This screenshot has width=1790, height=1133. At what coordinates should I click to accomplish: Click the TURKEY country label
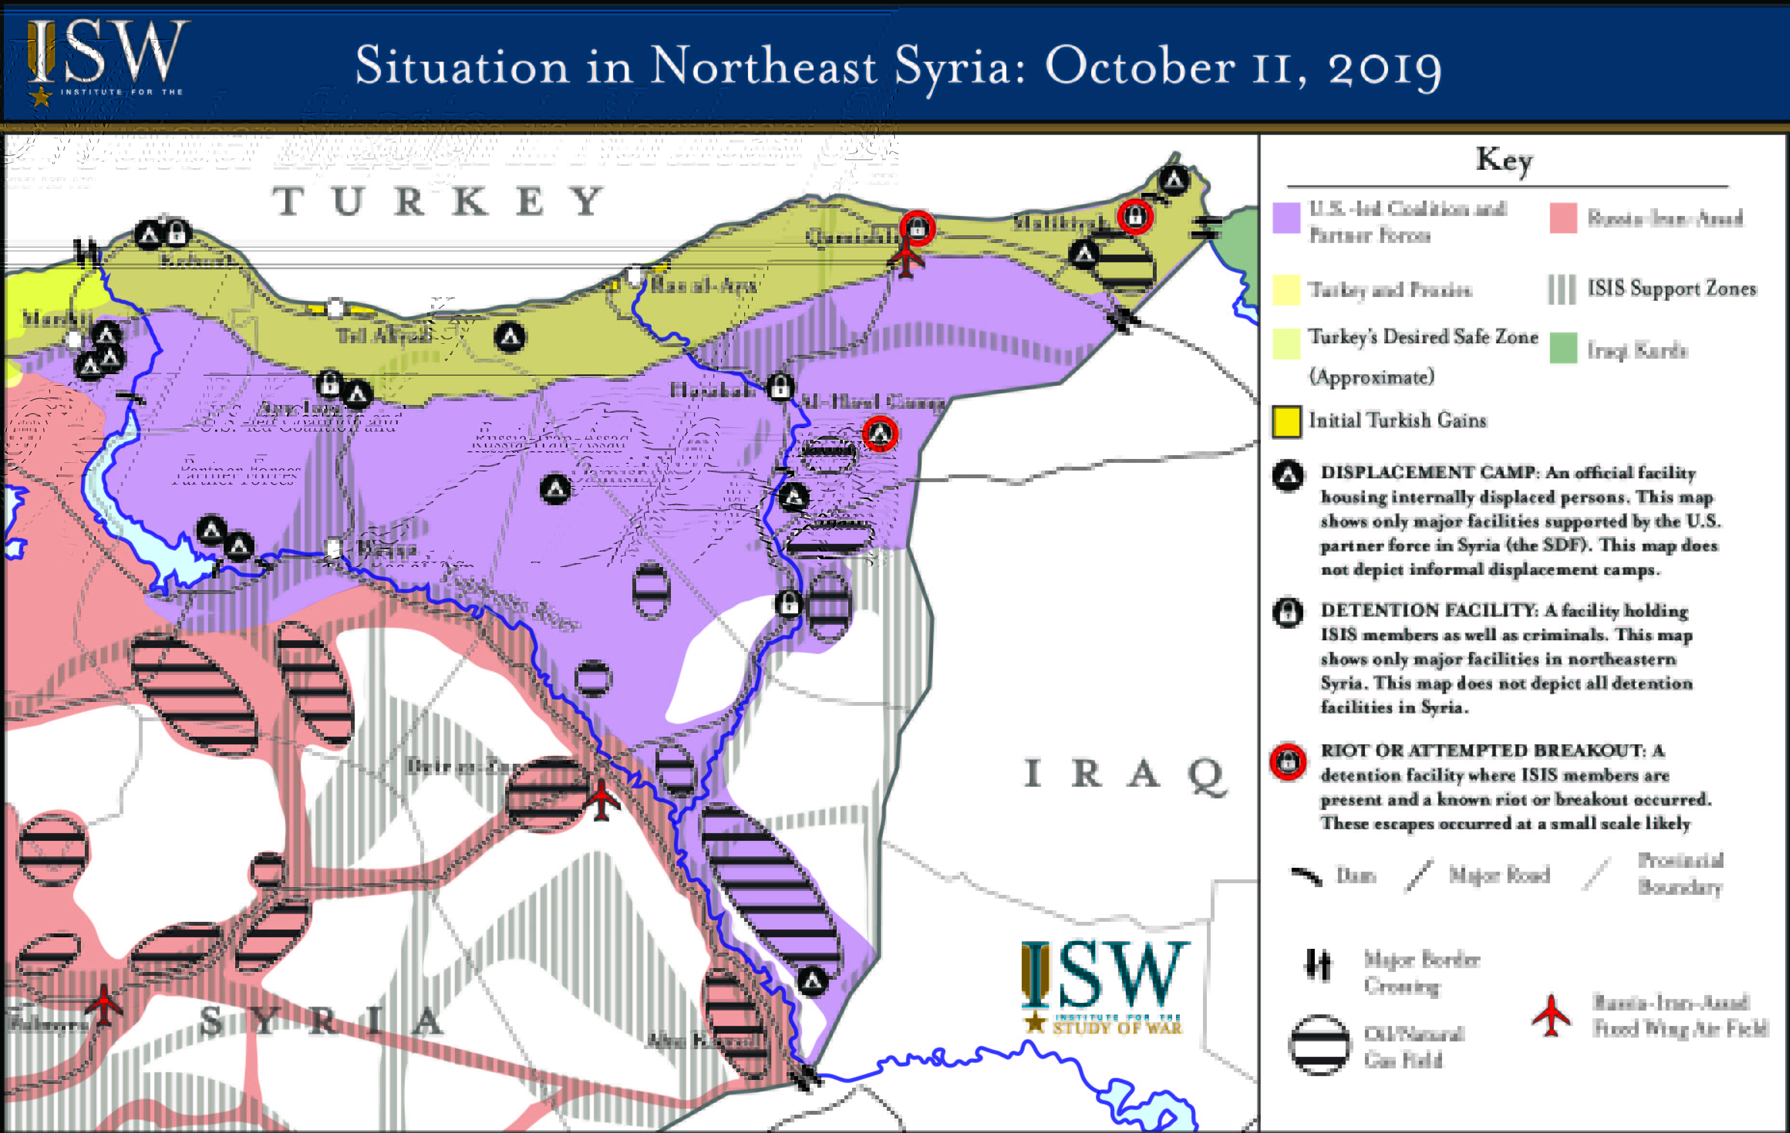(x=439, y=201)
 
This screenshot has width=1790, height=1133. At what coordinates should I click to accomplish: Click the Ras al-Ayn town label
(x=703, y=285)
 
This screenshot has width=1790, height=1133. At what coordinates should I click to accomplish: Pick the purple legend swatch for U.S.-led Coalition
(x=1286, y=218)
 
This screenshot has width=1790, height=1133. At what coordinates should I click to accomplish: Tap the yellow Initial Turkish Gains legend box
(x=1286, y=421)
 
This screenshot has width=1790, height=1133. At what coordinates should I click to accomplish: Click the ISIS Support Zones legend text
(x=1671, y=288)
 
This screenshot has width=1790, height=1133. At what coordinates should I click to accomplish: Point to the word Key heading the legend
(x=1504, y=160)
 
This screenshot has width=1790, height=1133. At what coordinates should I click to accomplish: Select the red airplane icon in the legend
(x=1550, y=1015)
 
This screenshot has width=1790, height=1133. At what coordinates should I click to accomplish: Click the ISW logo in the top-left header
(x=104, y=59)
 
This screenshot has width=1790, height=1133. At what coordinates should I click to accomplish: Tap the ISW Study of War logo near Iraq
(x=1104, y=985)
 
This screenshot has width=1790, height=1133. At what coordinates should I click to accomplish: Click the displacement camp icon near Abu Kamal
(x=813, y=981)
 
